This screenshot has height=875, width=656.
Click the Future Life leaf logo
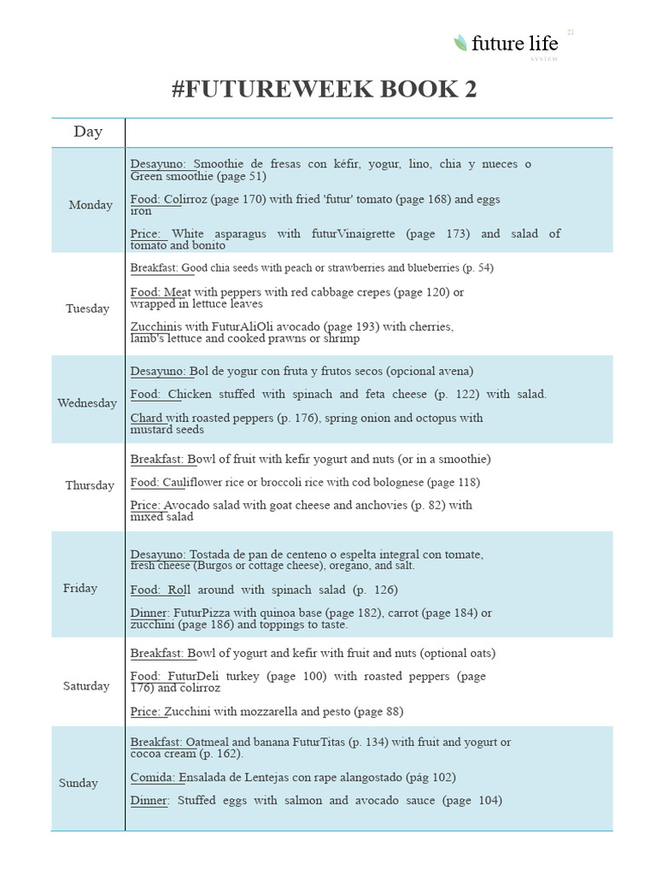[x=460, y=42]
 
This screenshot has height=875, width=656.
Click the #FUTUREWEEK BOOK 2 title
[x=324, y=90]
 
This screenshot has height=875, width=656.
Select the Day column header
[x=88, y=132]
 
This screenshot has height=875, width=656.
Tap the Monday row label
[x=91, y=205]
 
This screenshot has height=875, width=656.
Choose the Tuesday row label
[x=87, y=308]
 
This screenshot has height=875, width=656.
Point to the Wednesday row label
[x=87, y=403]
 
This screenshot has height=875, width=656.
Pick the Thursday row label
[x=90, y=485]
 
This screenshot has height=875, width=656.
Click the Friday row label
[x=80, y=588]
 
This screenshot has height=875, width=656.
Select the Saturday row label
[x=86, y=686]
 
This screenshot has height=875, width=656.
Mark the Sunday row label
[x=79, y=783]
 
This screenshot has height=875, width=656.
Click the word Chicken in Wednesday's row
[x=190, y=394]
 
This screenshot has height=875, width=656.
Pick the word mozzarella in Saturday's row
[x=261, y=711]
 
